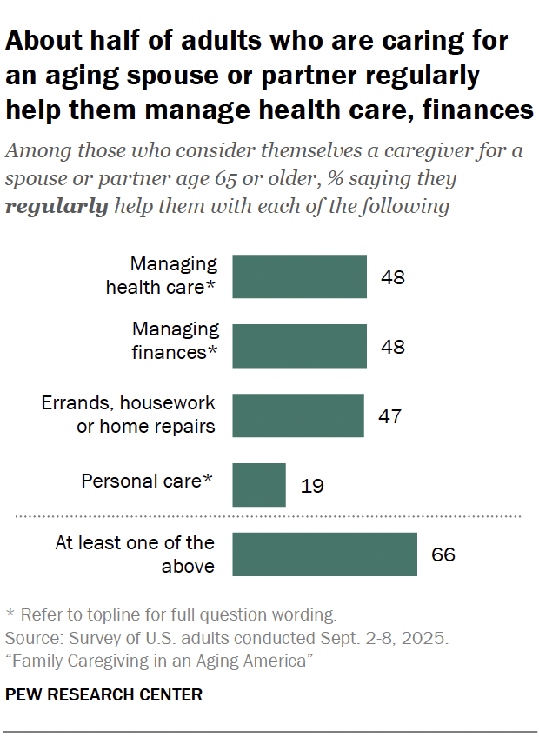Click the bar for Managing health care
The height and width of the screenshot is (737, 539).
click(300, 276)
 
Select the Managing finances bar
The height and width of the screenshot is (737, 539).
click(300, 346)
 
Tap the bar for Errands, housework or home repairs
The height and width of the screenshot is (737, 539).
click(298, 415)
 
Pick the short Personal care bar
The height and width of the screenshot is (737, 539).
click(259, 484)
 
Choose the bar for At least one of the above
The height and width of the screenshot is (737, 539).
click(325, 554)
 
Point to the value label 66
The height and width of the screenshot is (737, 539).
click(443, 554)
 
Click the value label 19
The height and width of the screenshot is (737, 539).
click(311, 485)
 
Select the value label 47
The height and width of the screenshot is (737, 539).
click(389, 415)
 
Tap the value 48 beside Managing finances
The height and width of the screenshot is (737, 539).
click(393, 346)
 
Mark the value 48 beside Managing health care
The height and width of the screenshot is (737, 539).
click(393, 277)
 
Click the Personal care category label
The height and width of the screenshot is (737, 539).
click(146, 481)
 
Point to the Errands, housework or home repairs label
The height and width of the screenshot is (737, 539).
click(129, 415)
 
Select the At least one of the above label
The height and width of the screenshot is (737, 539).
click(135, 554)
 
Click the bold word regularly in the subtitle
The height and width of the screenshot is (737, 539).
click(57, 207)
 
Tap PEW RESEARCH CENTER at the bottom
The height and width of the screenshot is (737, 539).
click(104, 694)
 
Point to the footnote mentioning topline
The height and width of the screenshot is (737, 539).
click(170, 614)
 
